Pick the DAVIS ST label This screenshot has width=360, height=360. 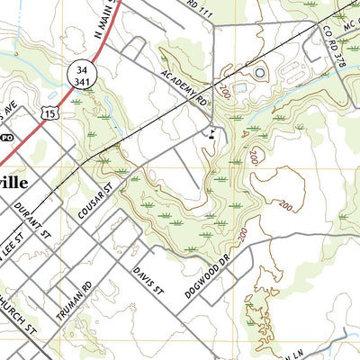148,278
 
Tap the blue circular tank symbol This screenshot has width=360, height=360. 260,72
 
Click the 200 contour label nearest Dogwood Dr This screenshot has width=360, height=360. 243,236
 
